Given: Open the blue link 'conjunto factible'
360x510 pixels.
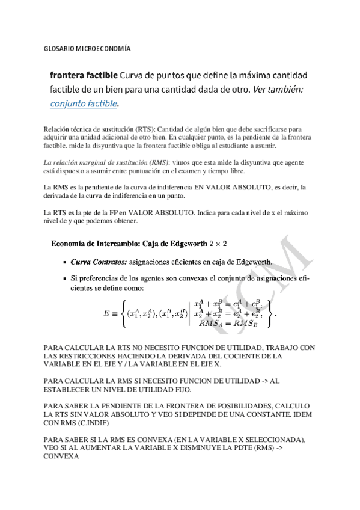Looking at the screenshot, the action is click(x=84, y=103).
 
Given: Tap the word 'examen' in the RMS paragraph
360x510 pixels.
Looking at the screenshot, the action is click(x=243, y=171).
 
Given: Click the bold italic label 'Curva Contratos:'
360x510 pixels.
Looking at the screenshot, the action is click(x=99, y=262).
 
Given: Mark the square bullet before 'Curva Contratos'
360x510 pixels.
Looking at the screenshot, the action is click(x=64, y=263).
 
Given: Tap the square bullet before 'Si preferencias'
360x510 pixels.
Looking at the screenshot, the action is click(x=64, y=278).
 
